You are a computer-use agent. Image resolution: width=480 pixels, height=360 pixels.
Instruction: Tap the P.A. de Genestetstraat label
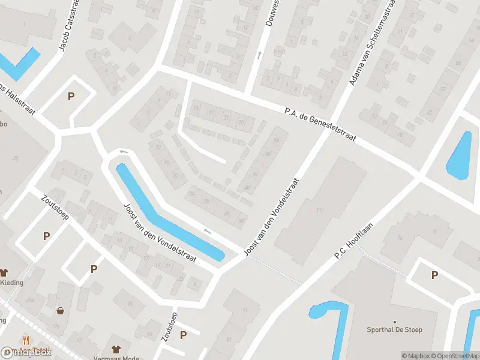[x=320, y=124]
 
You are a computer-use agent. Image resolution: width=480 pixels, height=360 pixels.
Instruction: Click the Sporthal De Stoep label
[x=394, y=329]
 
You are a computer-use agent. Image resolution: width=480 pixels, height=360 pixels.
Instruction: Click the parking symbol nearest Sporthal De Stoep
[x=434, y=275]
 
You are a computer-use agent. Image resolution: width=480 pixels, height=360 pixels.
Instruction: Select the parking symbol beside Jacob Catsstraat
[x=71, y=96]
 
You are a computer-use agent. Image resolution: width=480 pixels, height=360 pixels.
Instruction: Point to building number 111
[x=320, y=209]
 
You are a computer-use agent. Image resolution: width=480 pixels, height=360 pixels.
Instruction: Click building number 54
[x=276, y=140]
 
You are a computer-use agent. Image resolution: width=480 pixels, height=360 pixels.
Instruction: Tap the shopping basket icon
[x=61, y=311]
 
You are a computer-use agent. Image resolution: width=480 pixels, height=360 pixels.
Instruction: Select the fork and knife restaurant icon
[x=26, y=340]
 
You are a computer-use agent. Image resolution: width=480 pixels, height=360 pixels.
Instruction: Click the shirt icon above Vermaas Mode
[x=116, y=349]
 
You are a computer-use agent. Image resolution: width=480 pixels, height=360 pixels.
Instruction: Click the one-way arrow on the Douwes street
[x=259, y=55]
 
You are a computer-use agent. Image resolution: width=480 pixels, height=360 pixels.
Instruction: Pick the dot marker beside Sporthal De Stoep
[x=395, y=322]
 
